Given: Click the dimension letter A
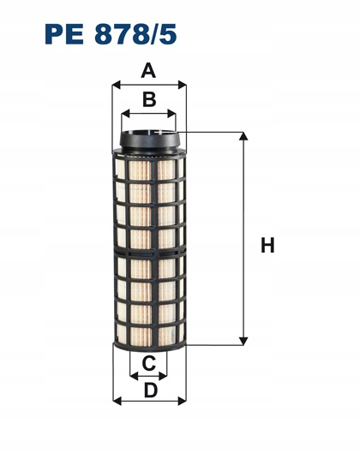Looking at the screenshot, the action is (148, 71).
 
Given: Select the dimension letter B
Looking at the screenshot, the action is (149, 99).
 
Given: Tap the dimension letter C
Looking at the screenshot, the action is (149, 363).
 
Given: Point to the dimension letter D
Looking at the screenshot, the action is (150, 390).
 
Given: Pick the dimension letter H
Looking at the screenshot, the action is (267, 245).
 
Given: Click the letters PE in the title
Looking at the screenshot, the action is (64, 34).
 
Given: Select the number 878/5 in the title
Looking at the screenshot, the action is (135, 34).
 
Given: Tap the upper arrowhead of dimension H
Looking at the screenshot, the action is (243, 136).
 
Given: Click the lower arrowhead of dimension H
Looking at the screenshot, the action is (243, 341).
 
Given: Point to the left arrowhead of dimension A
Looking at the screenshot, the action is (116, 85).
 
